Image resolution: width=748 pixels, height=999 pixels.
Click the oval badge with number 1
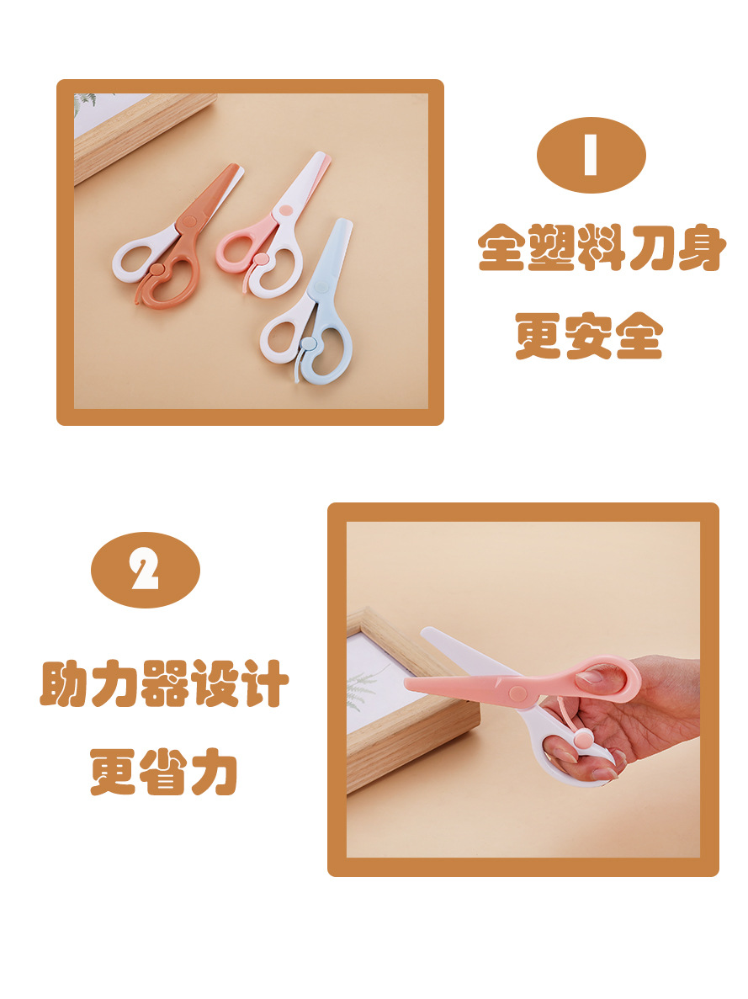tap(591, 155)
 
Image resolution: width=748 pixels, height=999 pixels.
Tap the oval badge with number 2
tap(146, 570)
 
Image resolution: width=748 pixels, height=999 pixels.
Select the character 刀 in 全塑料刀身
tap(650, 247)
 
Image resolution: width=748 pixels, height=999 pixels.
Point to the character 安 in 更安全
tap(589, 336)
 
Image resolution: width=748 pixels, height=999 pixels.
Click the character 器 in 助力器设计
tap(164, 683)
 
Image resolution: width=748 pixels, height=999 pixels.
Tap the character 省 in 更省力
tap(163, 772)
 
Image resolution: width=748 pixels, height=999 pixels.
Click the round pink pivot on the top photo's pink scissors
tap(286, 210)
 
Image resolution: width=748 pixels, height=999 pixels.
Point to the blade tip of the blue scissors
tap(345, 222)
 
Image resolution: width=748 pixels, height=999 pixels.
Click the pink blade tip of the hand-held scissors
tap(407, 683)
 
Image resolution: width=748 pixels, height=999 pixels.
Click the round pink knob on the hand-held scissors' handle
tap(582, 741)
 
